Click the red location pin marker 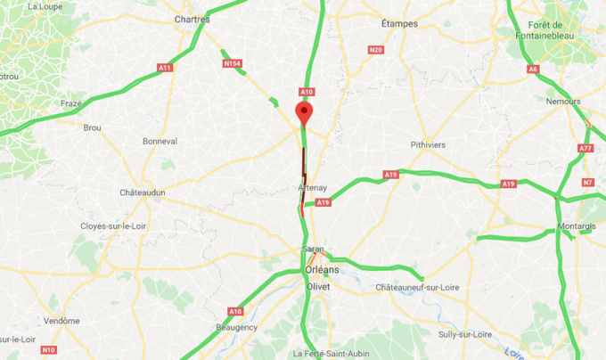pyautogui.click(x=304, y=113)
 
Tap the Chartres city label pyautogui.click(x=192, y=19)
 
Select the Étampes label pyautogui.click(x=398, y=23)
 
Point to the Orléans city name pyautogui.click(x=322, y=269)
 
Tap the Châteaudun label pyautogui.click(x=143, y=192)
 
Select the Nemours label pyautogui.click(x=562, y=102)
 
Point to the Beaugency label pyautogui.click(x=236, y=327)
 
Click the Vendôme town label pyautogui.click(x=61, y=321)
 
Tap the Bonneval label pyautogui.click(x=160, y=141)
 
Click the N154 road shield pyautogui.click(x=232, y=63)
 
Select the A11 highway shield pyautogui.click(x=165, y=68)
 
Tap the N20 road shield pyautogui.click(x=375, y=50)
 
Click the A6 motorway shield pyautogui.click(x=534, y=69)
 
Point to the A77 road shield pyautogui.click(x=586, y=148)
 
